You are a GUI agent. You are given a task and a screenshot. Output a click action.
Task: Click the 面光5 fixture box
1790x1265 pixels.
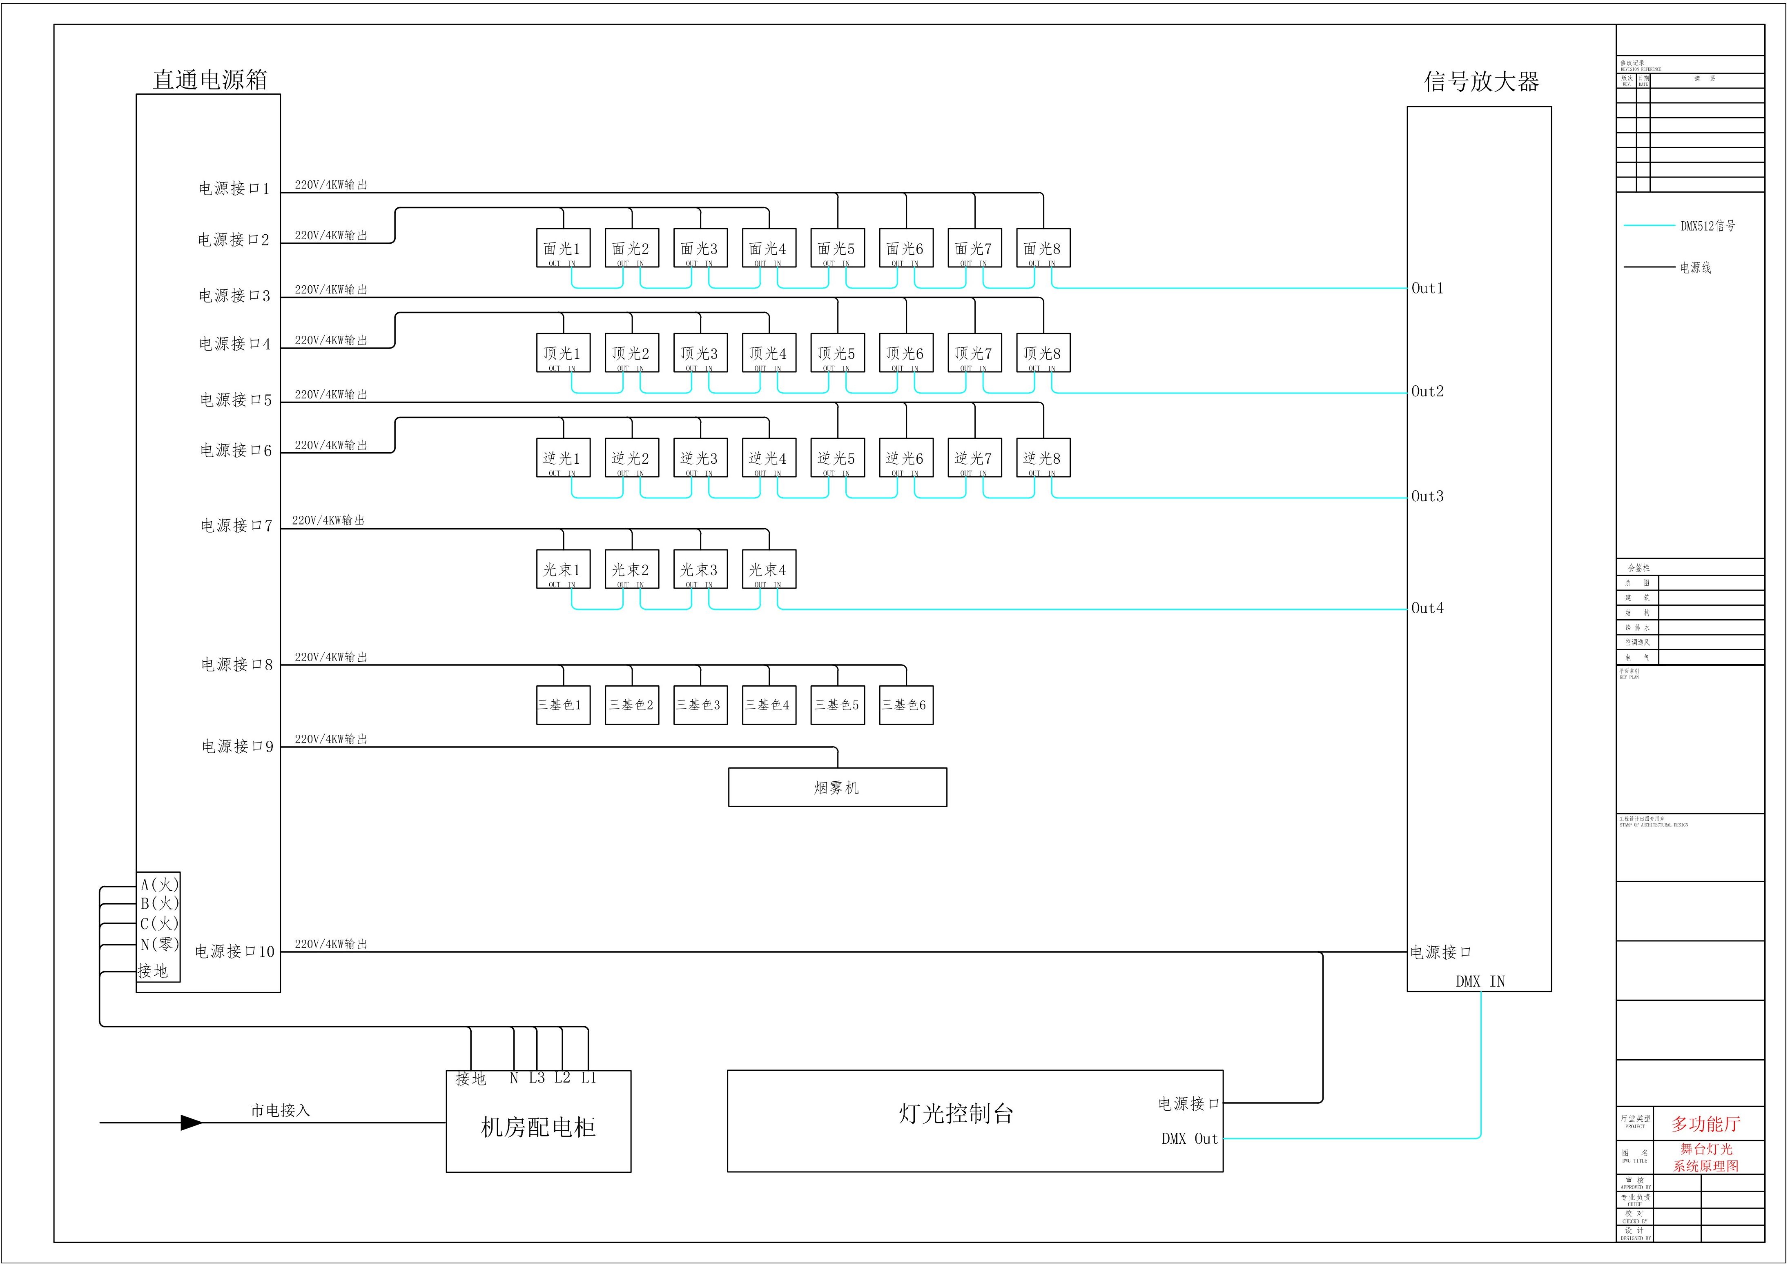(837, 248)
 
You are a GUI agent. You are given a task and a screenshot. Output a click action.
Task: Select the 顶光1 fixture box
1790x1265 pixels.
(563, 353)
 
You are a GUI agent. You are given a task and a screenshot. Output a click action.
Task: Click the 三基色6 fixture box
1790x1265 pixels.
(906, 705)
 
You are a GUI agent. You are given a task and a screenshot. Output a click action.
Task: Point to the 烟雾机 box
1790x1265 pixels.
(837, 787)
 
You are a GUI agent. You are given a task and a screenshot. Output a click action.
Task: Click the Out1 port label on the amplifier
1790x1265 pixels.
(1427, 288)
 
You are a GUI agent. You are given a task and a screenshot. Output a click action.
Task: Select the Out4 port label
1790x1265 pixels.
(1427, 608)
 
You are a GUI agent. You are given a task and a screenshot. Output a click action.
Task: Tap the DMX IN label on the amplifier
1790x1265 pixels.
(1480, 981)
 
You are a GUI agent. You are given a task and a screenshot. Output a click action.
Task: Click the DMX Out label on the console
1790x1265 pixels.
(1189, 1139)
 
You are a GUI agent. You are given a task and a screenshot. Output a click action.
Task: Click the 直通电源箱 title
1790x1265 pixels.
(210, 80)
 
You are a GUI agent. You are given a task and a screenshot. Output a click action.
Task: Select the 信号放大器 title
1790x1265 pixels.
(1481, 82)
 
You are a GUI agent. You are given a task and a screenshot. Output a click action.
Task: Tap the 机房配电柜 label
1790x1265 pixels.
(538, 1127)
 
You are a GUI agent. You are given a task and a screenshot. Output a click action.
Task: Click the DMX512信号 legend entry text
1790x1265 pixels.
(1708, 226)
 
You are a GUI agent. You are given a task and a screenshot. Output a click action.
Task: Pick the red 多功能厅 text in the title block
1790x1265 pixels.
(1706, 1124)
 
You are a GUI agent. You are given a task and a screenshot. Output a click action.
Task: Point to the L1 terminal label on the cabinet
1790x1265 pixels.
(588, 1078)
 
